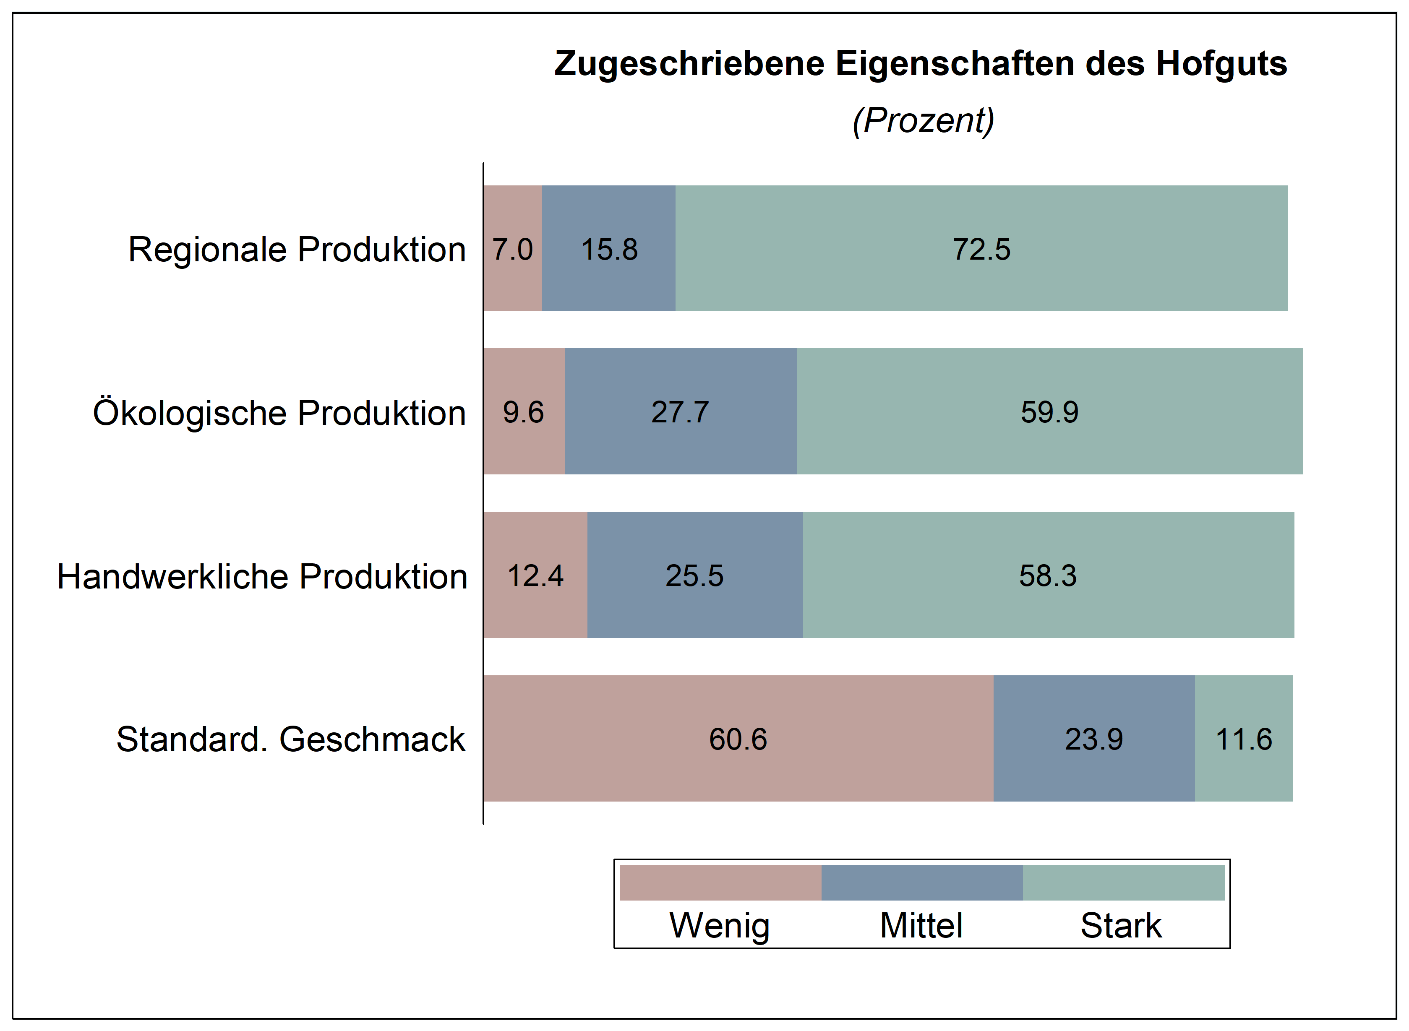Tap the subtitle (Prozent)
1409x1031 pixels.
tap(923, 120)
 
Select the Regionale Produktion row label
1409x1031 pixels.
tap(297, 250)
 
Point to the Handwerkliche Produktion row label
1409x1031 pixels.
tap(262, 576)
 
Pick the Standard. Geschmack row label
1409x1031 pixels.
tap(290, 739)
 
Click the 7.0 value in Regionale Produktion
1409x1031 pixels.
tap(512, 250)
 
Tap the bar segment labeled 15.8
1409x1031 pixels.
tap(609, 250)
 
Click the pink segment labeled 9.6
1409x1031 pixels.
tap(523, 412)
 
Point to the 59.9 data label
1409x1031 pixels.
tap(1049, 412)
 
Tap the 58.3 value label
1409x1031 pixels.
tap(1048, 576)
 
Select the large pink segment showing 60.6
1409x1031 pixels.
tap(738, 739)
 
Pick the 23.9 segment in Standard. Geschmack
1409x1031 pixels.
tap(1094, 739)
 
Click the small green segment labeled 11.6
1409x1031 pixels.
tap(1244, 739)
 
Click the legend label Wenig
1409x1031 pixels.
tap(719, 926)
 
